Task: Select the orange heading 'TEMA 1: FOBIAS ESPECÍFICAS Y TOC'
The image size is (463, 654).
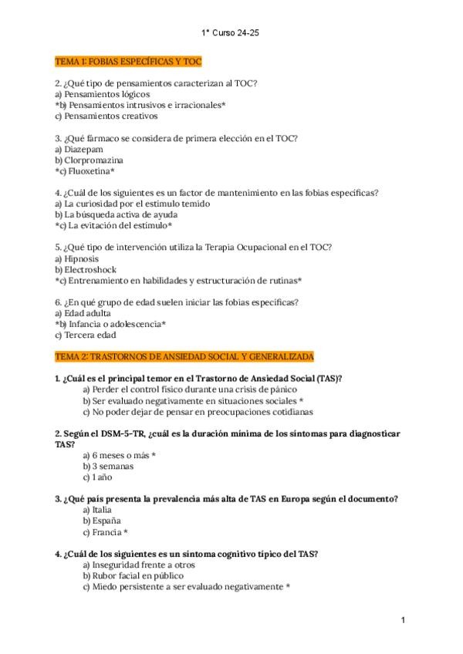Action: tap(128, 61)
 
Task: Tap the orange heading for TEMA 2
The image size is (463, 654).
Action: tap(184, 357)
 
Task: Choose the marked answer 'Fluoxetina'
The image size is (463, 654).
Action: tap(89, 171)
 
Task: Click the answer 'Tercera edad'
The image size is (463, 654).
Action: tap(90, 335)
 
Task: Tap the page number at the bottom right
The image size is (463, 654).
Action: tap(403, 619)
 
